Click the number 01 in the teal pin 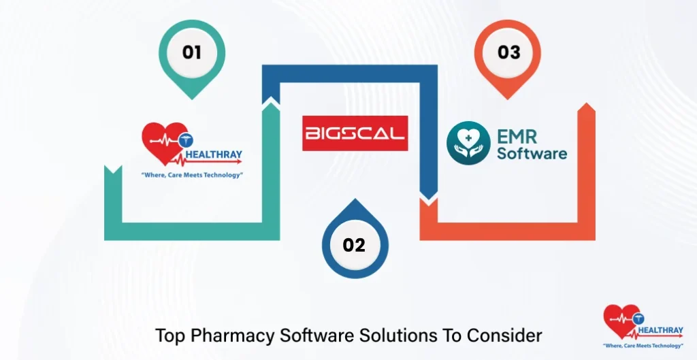tap(192, 52)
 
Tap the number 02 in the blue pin tap(354, 245)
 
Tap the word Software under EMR tap(532, 153)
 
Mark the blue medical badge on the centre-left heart tap(184, 141)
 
